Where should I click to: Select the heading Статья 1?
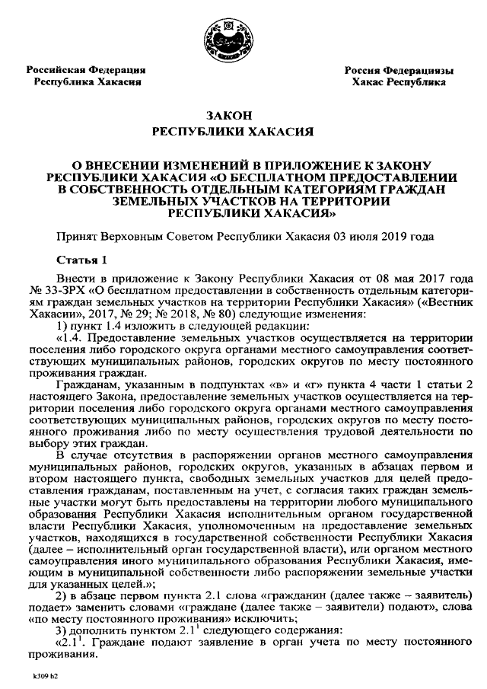click(x=83, y=259)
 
